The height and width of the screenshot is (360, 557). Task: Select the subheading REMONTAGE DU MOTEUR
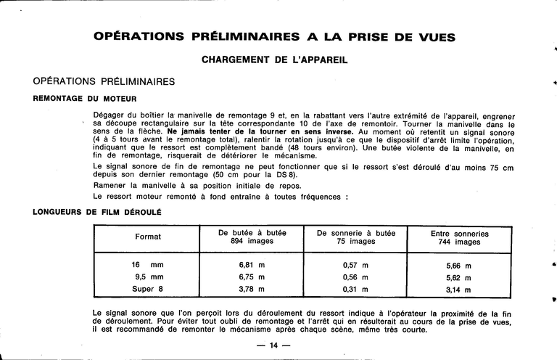coord(85,98)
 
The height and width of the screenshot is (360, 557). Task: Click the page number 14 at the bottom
coord(273,345)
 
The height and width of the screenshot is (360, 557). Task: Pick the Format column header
coord(148,237)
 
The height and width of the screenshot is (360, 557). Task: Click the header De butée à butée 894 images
coord(252,237)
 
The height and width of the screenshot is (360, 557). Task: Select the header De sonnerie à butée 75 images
coord(356,237)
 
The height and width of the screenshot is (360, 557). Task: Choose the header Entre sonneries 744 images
coord(459,238)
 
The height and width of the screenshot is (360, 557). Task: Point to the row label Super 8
coord(149,289)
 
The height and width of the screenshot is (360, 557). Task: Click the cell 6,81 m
coord(252,265)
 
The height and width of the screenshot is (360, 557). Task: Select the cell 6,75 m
coord(252,277)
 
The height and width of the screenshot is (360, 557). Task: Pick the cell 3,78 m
coord(252,289)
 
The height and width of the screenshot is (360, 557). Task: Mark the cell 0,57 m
coord(356,265)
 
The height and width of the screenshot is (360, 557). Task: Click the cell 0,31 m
coord(356,289)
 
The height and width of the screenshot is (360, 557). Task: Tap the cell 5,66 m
coord(459,266)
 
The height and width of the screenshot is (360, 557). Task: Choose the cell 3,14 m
coord(459,290)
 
